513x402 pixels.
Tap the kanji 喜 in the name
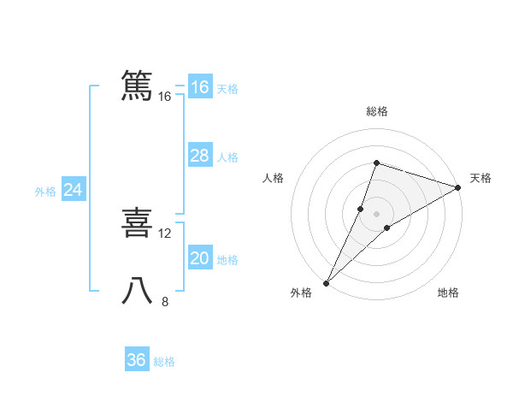(x=137, y=222)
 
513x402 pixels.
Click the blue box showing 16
(x=200, y=87)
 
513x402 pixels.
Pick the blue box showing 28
(x=200, y=156)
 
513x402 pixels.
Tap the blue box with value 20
(x=200, y=258)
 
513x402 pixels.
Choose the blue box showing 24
(x=74, y=191)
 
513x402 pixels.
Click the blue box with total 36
(x=137, y=360)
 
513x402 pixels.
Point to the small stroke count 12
(x=166, y=233)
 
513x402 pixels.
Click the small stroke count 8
(x=165, y=301)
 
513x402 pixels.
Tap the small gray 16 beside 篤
(x=165, y=97)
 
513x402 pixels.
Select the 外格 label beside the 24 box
(x=45, y=192)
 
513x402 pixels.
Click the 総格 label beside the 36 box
(x=164, y=362)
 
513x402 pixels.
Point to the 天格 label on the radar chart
(x=481, y=178)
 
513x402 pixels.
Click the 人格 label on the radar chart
(x=273, y=178)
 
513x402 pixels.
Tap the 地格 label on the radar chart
(x=448, y=293)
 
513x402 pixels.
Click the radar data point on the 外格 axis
(x=327, y=282)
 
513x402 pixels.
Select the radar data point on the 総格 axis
(x=376, y=163)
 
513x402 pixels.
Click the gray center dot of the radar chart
(x=376, y=214)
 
